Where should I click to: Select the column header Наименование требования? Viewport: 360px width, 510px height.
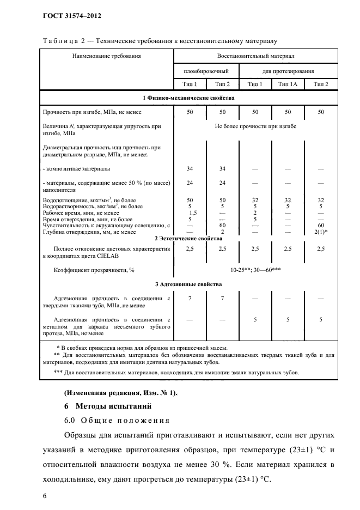point(106,56)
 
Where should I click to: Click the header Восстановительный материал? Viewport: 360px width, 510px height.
point(255,56)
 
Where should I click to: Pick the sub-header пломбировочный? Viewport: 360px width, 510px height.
point(205,71)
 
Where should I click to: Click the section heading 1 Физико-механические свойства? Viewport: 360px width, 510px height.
point(188,98)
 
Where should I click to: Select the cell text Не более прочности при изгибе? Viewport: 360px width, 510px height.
point(255,126)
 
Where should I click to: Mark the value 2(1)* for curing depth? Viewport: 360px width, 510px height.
point(321,232)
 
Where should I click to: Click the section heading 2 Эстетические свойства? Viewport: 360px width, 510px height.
point(188,239)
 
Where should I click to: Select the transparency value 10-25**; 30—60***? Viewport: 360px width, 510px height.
point(255,270)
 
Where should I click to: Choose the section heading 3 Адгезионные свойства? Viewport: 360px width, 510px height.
point(188,284)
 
